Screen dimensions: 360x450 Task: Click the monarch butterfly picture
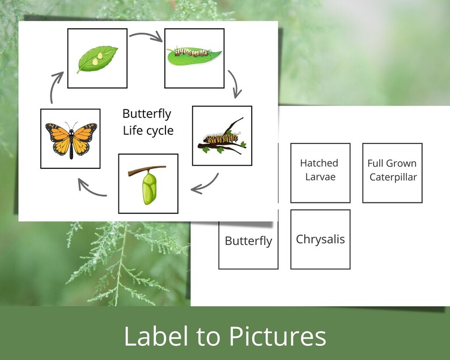tap(71, 138)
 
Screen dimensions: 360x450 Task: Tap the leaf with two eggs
tap(97, 58)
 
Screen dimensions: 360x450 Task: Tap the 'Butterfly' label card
tap(248, 241)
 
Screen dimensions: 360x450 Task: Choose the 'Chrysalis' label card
tap(320, 239)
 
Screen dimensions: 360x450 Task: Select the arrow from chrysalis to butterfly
tap(91, 187)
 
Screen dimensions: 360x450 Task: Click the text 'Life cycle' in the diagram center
tap(148, 131)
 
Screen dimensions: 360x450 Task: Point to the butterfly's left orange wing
tap(57, 136)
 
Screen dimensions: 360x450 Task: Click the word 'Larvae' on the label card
tap(320, 177)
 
